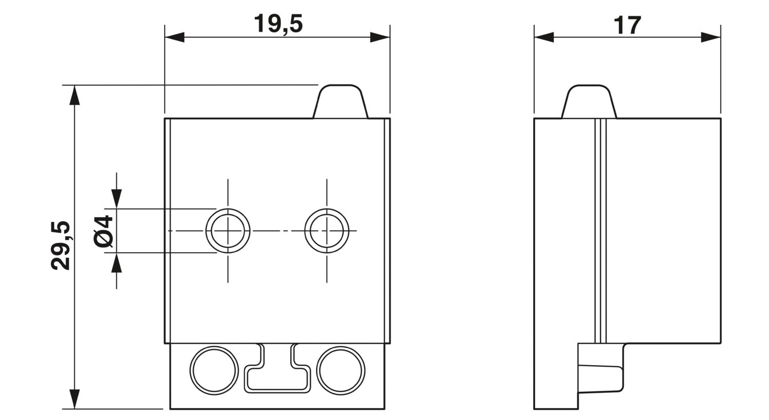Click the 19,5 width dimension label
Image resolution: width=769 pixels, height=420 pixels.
click(x=278, y=25)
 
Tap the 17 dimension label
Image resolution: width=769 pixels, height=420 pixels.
click(x=627, y=26)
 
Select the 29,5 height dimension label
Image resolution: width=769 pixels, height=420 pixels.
click(x=61, y=245)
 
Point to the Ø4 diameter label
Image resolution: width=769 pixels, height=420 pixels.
click(x=103, y=230)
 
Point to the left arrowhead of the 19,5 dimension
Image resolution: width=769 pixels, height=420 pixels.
click(x=174, y=37)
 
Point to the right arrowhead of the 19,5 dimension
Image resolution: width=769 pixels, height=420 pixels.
click(x=380, y=37)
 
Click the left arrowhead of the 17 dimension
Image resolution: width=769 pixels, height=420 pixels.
click(x=544, y=37)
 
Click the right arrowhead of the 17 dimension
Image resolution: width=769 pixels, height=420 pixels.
click(x=711, y=37)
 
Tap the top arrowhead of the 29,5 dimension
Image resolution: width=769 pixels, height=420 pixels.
click(x=74, y=95)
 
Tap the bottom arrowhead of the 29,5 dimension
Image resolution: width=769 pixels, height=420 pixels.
click(x=74, y=399)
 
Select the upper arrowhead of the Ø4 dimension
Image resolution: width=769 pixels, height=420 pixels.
click(x=116, y=199)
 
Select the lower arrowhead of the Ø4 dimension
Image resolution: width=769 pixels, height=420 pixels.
click(x=116, y=263)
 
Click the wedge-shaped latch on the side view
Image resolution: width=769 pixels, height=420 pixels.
click(x=601, y=379)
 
